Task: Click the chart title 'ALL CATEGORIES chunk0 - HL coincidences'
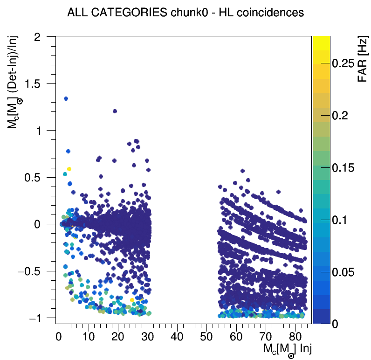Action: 185,13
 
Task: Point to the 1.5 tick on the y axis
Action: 41,83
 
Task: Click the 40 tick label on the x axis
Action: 177,336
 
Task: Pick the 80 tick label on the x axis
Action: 295,336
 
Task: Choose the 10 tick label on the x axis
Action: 88,336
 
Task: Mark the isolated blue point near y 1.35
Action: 66,98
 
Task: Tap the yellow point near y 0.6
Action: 69,169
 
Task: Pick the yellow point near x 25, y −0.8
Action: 132,300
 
